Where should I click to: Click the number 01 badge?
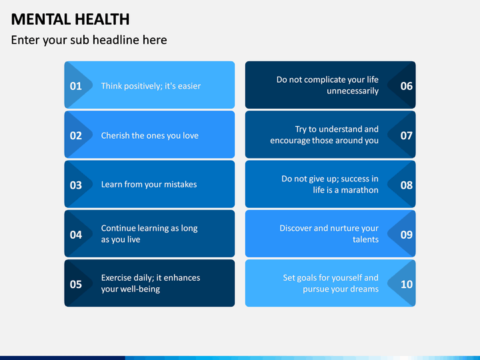click(76, 85)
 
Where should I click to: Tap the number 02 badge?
click(76, 135)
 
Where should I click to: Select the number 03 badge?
click(76, 185)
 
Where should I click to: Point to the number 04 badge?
click(76, 235)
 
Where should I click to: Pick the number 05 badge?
click(76, 284)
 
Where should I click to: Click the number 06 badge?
click(407, 85)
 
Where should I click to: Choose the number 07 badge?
click(407, 135)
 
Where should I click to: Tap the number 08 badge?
click(407, 185)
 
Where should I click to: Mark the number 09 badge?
click(407, 235)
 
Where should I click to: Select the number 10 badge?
click(407, 284)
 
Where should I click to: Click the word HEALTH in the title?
click(99, 19)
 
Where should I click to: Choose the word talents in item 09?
click(365, 239)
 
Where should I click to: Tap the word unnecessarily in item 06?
click(353, 91)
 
